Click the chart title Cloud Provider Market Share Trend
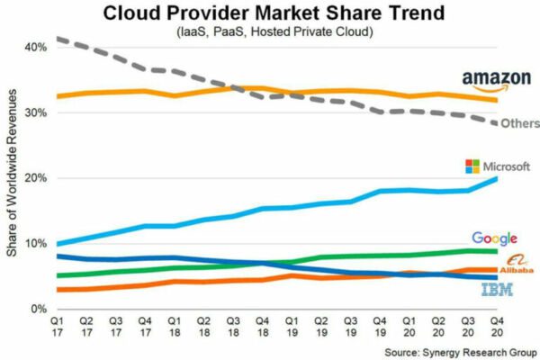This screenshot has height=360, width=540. coord(270,14)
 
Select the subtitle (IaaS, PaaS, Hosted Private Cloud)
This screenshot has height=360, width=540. coord(270,33)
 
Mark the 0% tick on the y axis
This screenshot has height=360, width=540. coord(39,309)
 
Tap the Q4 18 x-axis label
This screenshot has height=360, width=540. coord(263,325)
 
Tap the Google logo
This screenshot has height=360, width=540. coord(494,238)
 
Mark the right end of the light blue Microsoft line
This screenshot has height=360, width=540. coord(496,178)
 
